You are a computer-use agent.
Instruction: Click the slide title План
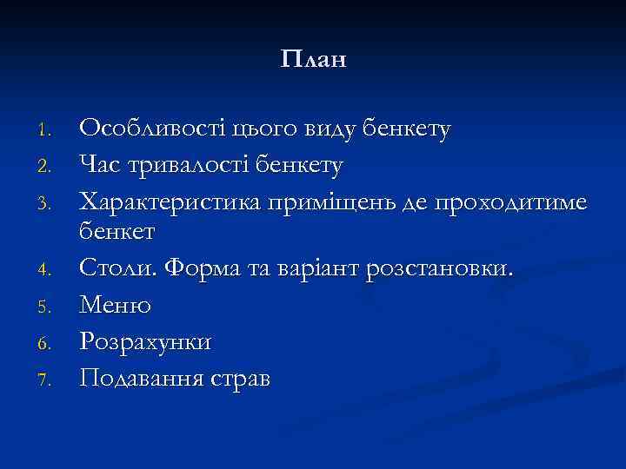tap(314, 60)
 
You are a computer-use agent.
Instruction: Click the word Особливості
tap(152, 130)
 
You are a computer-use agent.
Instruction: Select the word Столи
tap(112, 269)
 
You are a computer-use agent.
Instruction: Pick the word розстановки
tap(440, 270)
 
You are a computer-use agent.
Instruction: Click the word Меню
tap(115, 306)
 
